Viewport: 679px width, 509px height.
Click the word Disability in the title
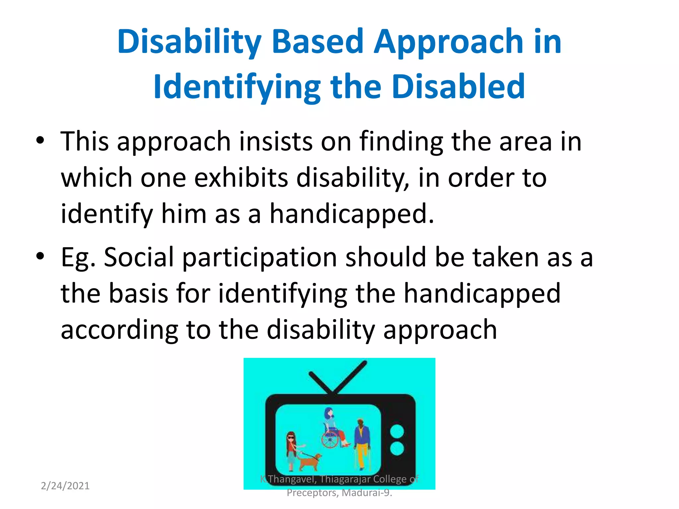point(189,42)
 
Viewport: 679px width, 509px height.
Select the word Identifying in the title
point(237,87)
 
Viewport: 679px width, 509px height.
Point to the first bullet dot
point(40,141)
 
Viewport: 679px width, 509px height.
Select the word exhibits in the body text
point(241,178)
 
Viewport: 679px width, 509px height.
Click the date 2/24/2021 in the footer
point(65,486)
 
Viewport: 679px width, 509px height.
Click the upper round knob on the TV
point(397,431)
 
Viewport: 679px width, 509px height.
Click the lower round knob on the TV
point(397,449)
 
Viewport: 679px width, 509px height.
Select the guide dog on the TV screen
point(310,461)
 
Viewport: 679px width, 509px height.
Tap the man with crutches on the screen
point(362,442)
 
